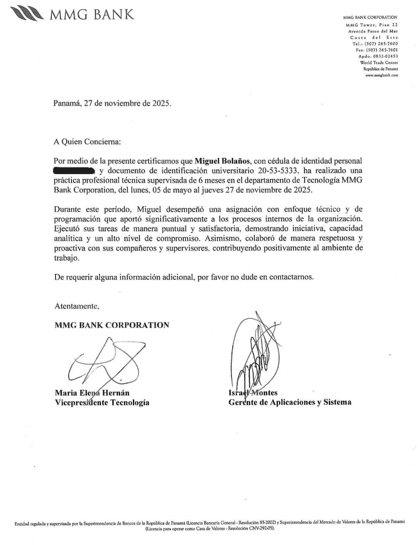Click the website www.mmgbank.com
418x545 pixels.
coord(381,75)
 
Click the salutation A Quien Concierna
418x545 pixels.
coord(87,141)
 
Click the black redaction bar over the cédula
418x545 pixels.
coord(74,170)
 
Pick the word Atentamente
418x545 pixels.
coord(77,306)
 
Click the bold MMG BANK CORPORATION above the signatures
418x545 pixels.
coord(112,325)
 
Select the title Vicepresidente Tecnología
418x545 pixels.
coord(102,402)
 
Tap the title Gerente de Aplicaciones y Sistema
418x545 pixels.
coord(290,402)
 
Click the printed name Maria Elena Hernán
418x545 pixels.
coord(92,393)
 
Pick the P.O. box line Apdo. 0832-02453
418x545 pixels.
coord(378,56)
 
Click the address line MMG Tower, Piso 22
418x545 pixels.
coord(371,25)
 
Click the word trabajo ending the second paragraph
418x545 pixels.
coord(66,258)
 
